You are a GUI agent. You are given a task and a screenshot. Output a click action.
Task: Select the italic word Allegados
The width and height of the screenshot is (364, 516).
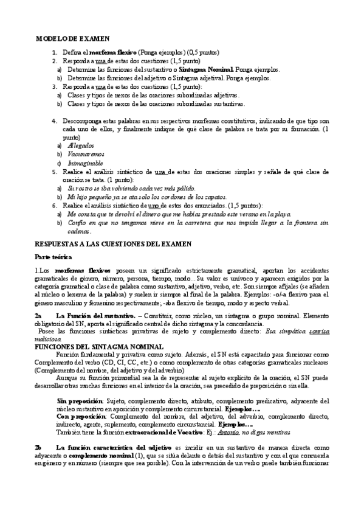pos(82,146)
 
